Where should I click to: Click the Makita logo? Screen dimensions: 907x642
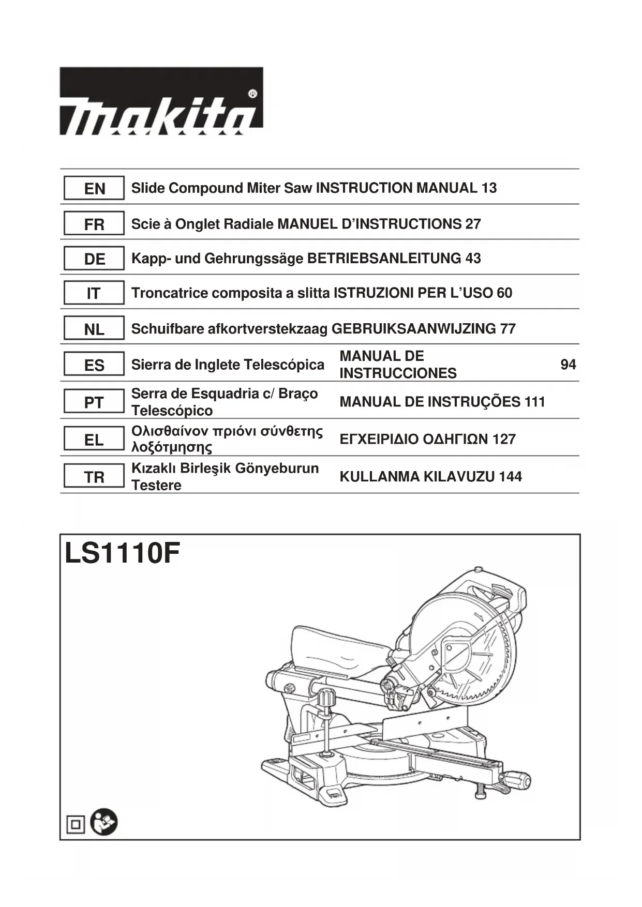click(161, 101)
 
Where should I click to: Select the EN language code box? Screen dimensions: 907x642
click(94, 188)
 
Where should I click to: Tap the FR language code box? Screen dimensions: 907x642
click(94, 224)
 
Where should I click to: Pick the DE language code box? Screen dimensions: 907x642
click(94, 259)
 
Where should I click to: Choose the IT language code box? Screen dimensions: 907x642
click(94, 293)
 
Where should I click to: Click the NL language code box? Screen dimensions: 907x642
click(94, 329)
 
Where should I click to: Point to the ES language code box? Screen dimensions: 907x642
click(94, 365)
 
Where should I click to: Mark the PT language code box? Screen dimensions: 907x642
click(94, 402)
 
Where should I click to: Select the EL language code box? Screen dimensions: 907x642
click(94, 440)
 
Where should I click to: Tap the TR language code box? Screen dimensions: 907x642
click(94, 477)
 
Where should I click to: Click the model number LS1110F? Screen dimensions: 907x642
click(122, 554)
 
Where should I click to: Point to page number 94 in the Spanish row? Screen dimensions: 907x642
click(568, 365)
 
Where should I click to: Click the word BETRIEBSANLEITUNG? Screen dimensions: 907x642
click(384, 258)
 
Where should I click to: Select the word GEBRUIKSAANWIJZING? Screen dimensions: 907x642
click(413, 328)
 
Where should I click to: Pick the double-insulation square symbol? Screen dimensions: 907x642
click(76, 824)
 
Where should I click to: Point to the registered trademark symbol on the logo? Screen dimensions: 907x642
click(252, 94)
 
